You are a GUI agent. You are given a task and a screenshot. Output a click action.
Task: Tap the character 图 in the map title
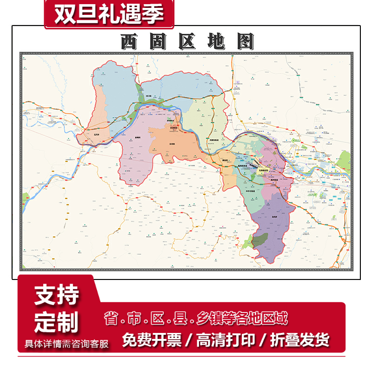(x=245, y=42)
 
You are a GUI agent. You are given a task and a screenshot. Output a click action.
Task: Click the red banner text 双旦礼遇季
(x=109, y=14)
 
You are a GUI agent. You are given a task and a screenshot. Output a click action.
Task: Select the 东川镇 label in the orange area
(x=172, y=144)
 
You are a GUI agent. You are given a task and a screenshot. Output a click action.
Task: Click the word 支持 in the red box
(x=56, y=295)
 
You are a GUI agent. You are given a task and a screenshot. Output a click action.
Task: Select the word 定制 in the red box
(x=56, y=321)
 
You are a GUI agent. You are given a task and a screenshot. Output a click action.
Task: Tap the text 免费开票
(x=152, y=340)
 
